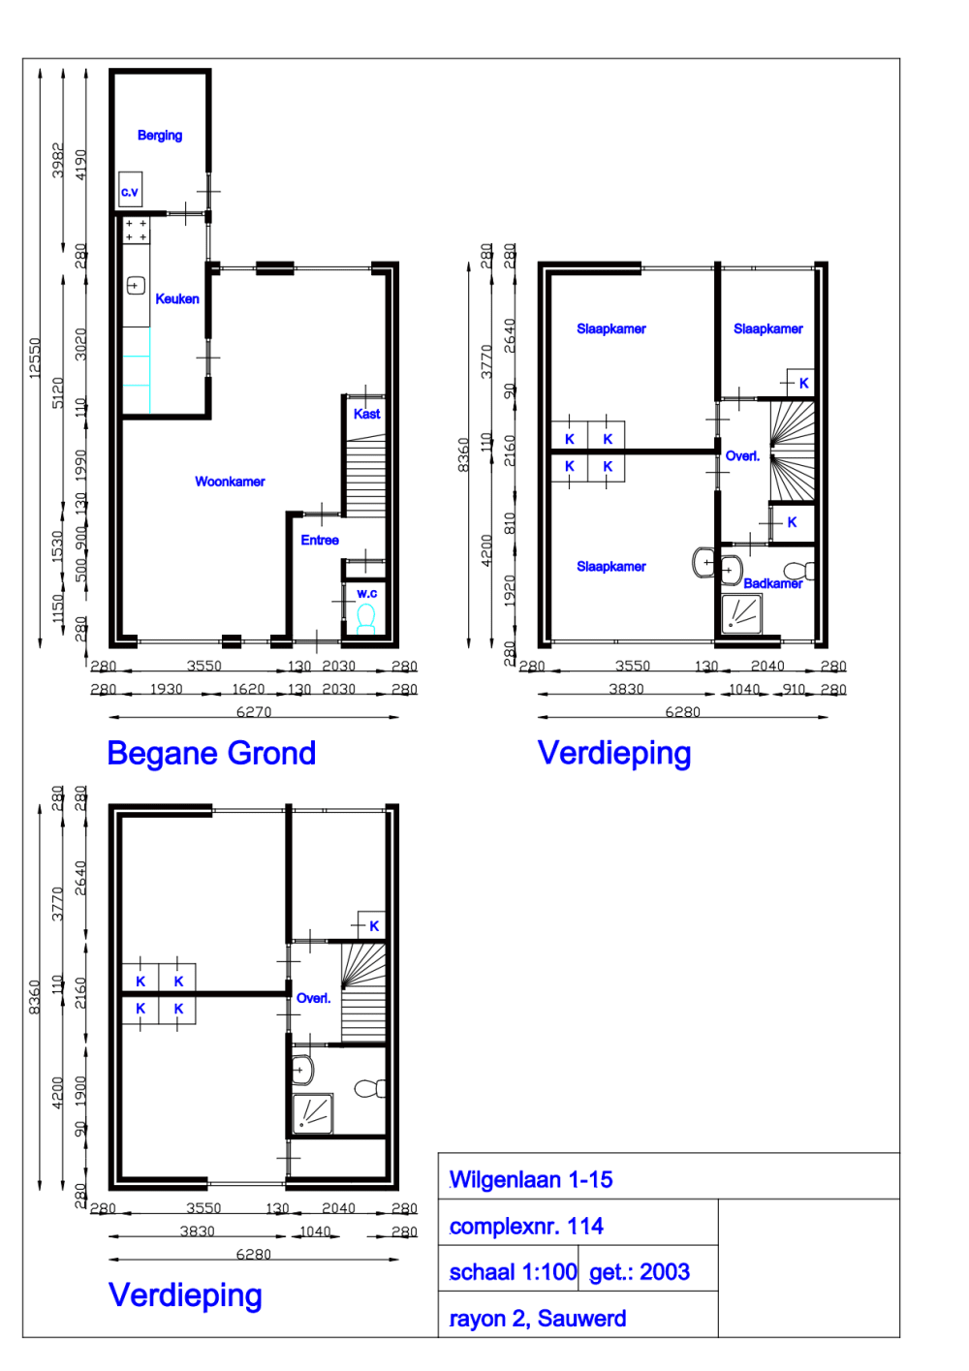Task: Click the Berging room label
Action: [160, 136]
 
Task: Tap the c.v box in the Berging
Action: [130, 190]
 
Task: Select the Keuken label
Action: [177, 299]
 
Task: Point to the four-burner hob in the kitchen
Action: [136, 231]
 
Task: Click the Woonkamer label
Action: [230, 482]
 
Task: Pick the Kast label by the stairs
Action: [366, 414]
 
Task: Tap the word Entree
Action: [320, 541]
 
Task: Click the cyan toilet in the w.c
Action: [365, 617]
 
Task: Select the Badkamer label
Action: [772, 583]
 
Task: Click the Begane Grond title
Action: [211, 753]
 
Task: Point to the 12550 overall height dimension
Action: [35, 358]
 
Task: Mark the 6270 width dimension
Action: [254, 712]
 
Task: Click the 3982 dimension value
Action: [58, 160]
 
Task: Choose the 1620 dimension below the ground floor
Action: [248, 689]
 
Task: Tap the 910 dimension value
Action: [794, 689]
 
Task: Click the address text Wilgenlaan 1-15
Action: [531, 1180]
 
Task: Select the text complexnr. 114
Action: [526, 1227]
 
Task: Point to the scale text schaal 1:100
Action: [513, 1272]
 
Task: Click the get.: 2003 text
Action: [640, 1272]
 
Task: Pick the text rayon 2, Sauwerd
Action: [538, 1319]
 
